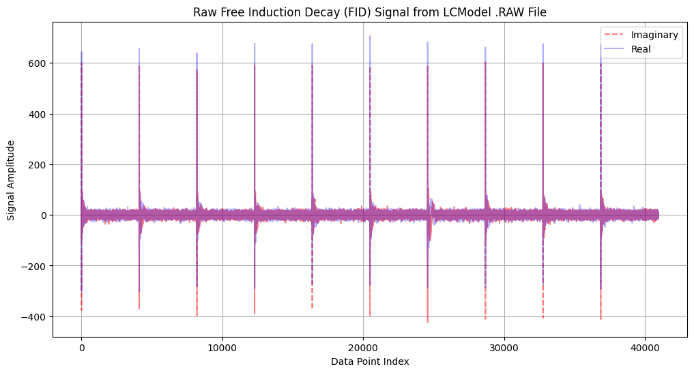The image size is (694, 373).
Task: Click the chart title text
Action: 369,12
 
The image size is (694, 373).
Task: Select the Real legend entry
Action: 641,49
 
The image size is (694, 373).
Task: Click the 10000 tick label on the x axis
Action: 222,347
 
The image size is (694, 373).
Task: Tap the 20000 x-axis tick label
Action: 363,347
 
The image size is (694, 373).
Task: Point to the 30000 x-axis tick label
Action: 504,347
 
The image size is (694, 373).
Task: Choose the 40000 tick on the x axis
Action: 645,347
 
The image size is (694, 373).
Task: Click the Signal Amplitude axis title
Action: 12,180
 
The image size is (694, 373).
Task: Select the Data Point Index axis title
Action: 369,361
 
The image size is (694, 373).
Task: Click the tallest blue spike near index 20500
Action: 371,37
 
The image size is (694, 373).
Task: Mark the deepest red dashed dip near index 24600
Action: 428,321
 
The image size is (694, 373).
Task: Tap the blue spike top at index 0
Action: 81,53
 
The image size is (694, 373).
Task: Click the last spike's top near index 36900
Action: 601,46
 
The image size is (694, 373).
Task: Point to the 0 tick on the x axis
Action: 81,347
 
